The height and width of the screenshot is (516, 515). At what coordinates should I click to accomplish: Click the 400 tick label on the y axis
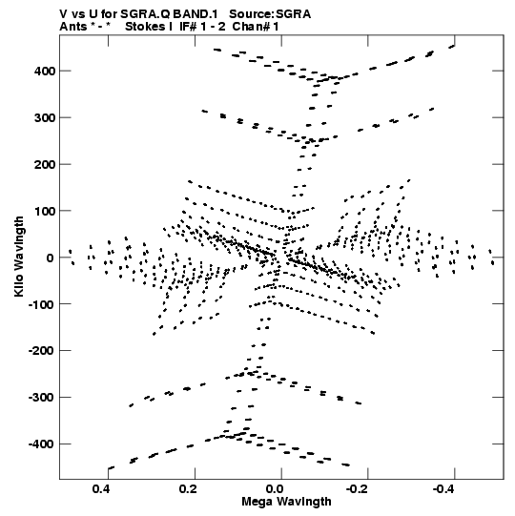coord(45,71)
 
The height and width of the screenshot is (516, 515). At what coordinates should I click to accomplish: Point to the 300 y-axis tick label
coord(45,117)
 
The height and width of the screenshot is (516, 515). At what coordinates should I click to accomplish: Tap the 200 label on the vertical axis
coord(45,164)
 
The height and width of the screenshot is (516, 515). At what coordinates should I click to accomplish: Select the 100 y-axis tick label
coord(45,211)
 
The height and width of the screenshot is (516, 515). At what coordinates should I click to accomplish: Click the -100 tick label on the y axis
coord(42,304)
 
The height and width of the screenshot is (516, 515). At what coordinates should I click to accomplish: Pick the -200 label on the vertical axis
coord(42,351)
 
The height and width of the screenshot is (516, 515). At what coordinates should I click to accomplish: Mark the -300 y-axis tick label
coord(42,398)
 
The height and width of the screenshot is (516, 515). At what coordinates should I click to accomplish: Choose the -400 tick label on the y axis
coord(42,444)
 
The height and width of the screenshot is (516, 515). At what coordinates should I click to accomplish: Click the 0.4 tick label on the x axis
coord(101,489)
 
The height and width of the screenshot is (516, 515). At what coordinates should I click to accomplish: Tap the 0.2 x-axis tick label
coord(188,489)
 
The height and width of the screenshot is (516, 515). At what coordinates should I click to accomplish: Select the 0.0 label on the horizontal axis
coord(275,489)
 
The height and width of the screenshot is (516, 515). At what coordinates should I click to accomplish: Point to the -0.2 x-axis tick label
coord(358,489)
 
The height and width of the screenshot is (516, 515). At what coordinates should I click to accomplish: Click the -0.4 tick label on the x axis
coord(444,489)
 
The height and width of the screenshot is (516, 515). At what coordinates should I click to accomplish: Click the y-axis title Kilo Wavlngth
coord(19,257)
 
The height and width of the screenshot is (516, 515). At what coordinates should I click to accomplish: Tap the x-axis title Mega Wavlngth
coord(286,502)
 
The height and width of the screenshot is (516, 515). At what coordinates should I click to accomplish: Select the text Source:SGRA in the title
coord(270,14)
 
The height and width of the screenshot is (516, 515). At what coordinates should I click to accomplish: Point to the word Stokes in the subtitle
coord(145,27)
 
